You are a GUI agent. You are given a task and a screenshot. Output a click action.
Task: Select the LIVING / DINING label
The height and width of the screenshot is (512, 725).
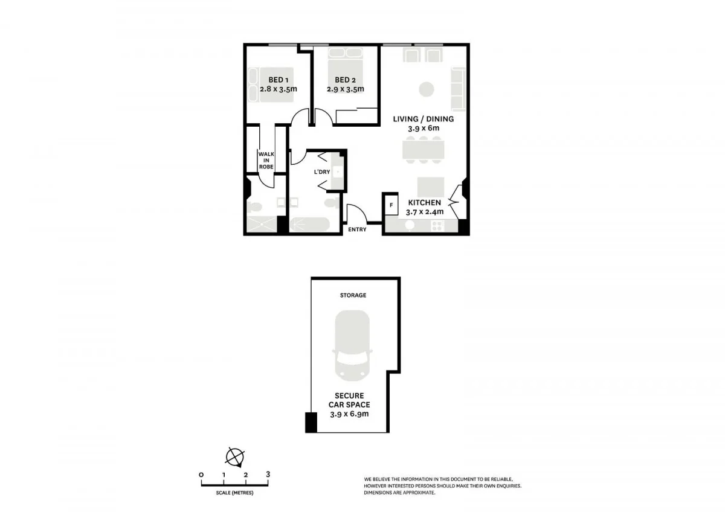[x=423, y=119]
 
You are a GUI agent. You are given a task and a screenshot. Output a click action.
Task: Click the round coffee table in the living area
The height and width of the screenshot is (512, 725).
[x=427, y=89]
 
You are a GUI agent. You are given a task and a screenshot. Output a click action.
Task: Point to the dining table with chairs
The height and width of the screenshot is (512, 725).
[x=424, y=149]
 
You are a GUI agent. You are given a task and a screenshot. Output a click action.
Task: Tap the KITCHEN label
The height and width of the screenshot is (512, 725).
[x=424, y=203]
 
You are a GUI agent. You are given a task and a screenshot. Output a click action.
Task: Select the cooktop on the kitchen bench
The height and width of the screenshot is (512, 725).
[x=437, y=225]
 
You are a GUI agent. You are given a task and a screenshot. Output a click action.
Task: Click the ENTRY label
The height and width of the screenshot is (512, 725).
[x=357, y=229]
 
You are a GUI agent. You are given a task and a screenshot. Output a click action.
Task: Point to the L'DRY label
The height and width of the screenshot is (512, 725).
[x=321, y=172]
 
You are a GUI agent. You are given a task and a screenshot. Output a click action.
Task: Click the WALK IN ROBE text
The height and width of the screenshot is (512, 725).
[x=266, y=160]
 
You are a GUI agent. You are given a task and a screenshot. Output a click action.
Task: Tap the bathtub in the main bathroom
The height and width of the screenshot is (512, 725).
[x=309, y=225]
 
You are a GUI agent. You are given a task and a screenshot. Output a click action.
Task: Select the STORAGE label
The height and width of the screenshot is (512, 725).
[x=353, y=295]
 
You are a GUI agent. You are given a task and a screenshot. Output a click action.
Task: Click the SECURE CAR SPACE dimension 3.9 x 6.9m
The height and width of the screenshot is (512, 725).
[x=349, y=414]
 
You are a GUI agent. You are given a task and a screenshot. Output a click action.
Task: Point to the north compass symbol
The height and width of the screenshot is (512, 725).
[x=234, y=456]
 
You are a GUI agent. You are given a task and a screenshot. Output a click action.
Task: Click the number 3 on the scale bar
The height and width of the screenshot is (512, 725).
[x=268, y=475]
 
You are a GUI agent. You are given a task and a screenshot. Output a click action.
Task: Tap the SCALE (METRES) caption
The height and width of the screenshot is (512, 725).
[x=234, y=493]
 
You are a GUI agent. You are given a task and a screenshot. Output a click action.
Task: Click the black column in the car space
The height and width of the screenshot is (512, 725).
[x=311, y=422]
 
